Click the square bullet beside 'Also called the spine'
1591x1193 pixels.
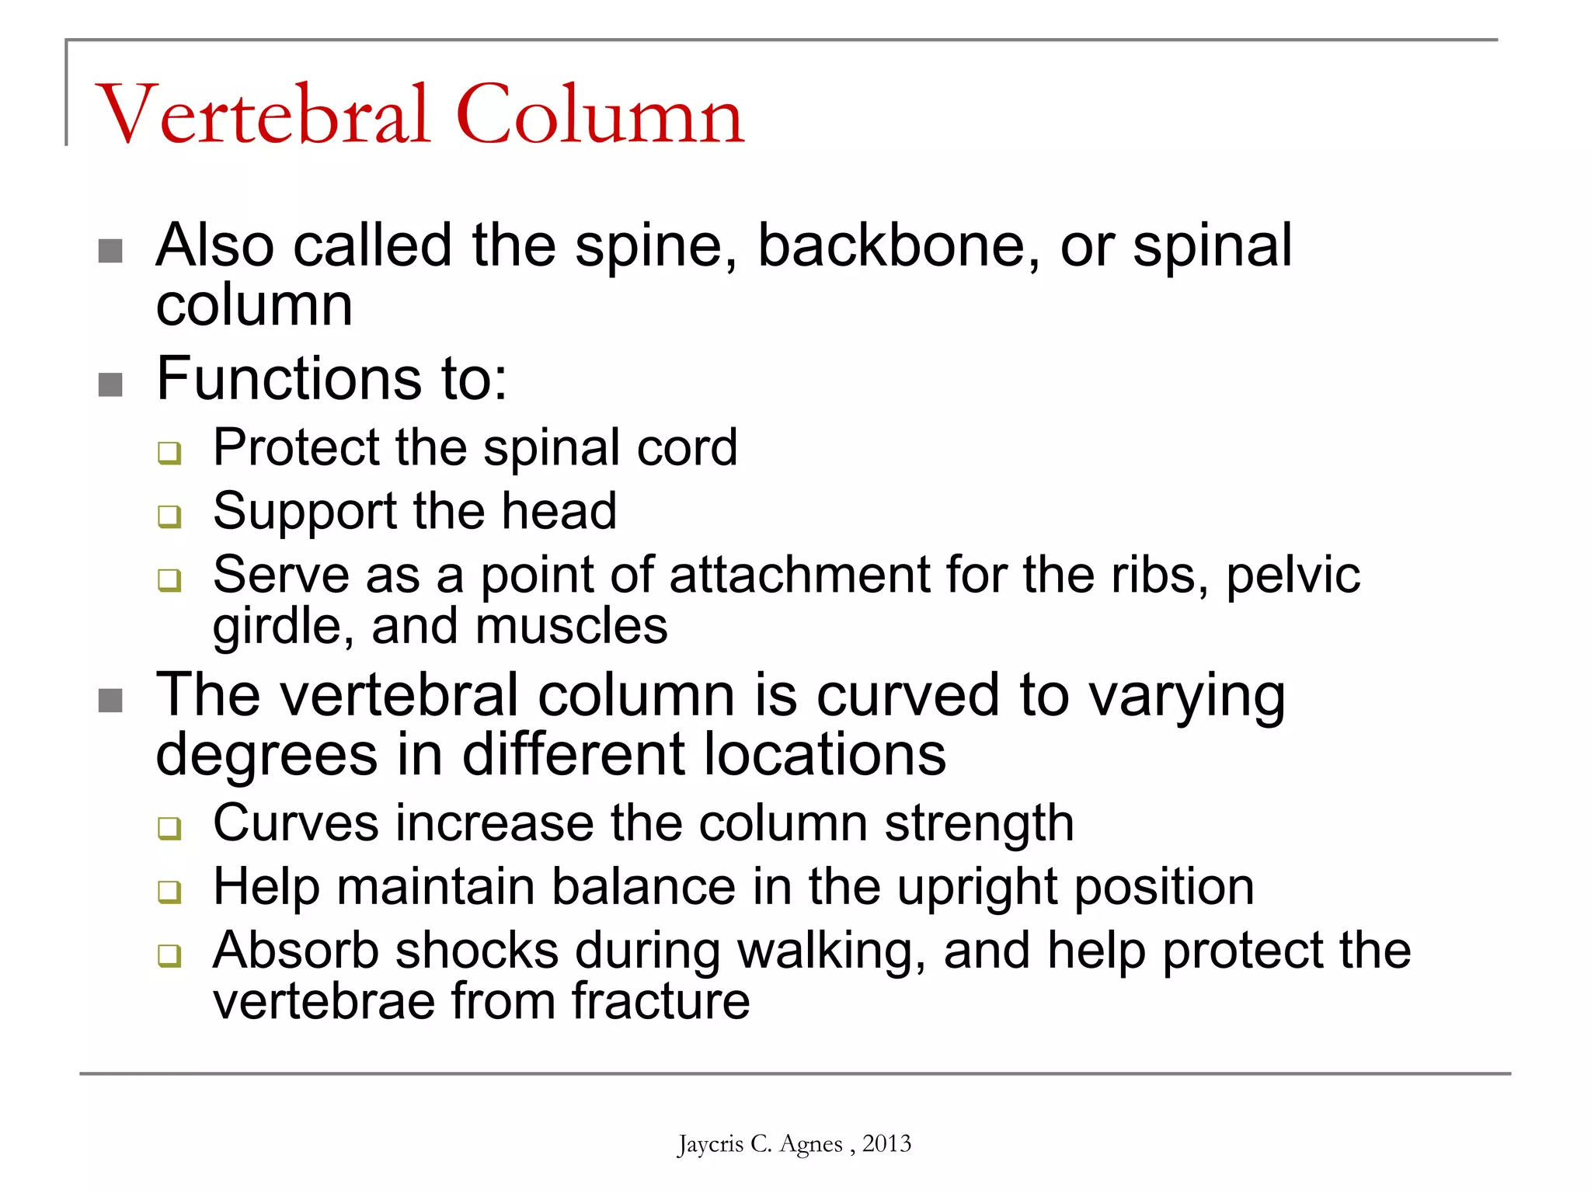(110, 251)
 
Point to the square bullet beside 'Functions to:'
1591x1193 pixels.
(110, 384)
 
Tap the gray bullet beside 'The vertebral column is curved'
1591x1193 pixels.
(110, 701)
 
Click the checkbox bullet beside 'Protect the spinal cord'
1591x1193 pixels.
(169, 452)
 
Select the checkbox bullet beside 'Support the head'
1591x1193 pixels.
(169, 516)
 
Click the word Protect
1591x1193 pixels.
(296, 447)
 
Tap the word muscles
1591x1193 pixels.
(571, 626)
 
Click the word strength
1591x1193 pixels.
(979, 823)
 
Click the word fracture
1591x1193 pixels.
(661, 1001)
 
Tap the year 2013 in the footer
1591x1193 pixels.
(886, 1143)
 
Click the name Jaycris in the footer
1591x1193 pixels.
(710, 1144)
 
